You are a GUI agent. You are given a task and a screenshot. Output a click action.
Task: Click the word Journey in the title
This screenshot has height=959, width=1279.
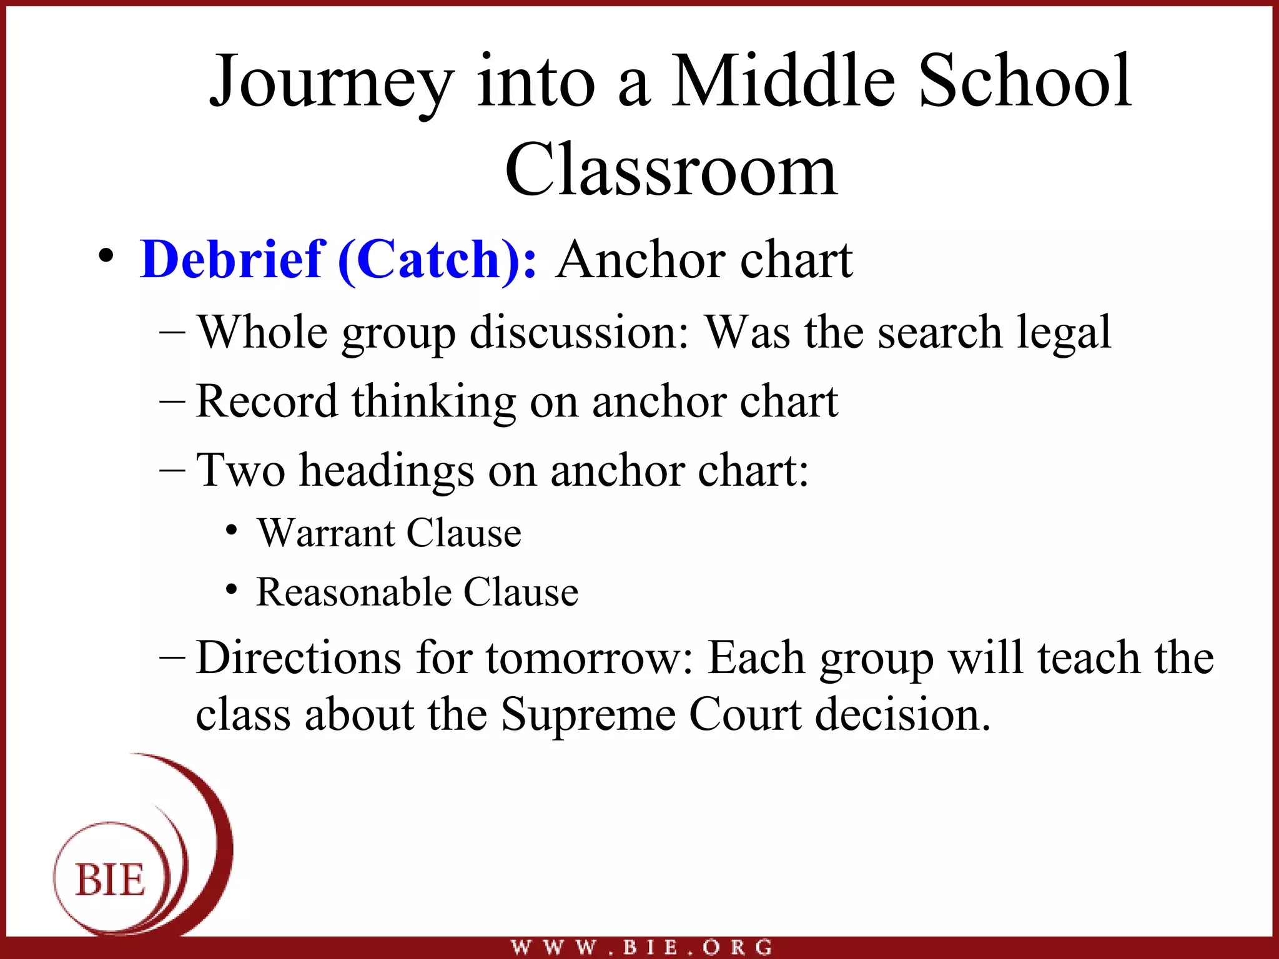[331, 84]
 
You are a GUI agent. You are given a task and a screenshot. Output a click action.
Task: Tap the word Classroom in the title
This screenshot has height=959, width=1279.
[671, 170]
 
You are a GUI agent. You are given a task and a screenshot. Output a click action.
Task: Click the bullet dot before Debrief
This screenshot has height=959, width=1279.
[107, 256]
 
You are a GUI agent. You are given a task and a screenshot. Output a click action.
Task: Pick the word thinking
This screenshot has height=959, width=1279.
[433, 402]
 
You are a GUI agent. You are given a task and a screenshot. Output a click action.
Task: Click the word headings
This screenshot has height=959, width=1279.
[387, 471]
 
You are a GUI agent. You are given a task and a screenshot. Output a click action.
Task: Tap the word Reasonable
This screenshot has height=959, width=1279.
[353, 592]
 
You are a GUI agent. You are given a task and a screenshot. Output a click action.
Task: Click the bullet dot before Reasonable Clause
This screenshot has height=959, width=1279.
[232, 589]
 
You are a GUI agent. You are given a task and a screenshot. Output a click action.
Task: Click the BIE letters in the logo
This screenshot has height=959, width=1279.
[111, 880]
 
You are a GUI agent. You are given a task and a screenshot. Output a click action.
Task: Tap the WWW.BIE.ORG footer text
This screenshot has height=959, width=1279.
[641, 947]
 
